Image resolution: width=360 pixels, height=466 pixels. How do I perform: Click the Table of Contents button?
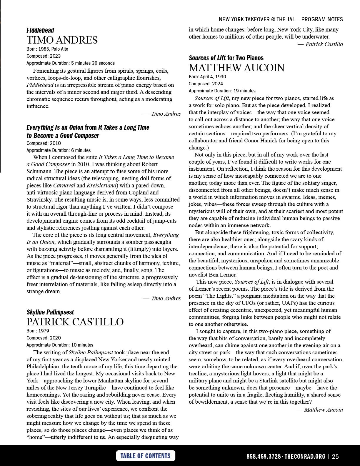[145, 456]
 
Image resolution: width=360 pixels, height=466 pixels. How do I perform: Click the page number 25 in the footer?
[335, 457]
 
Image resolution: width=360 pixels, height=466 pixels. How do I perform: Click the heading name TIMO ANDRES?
[62, 40]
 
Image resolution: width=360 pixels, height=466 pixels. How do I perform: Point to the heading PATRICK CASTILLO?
[75, 322]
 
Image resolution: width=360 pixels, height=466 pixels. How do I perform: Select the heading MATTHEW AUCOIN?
[236, 68]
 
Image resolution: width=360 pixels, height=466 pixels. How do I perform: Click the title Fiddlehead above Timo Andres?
[40, 30]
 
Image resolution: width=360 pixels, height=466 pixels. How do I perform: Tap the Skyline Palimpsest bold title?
[50, 312]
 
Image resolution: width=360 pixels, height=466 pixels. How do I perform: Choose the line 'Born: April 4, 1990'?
[207, 76]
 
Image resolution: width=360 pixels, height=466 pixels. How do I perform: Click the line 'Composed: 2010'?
[44, 143]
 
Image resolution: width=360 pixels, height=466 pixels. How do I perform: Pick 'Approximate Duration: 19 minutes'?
[222, 91]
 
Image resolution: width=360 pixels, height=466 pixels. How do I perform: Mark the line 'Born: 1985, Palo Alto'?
[47, 49]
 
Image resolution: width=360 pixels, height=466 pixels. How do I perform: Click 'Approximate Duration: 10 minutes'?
[60, 345]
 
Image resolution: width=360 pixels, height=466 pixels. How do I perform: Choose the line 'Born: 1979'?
[38, 331]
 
